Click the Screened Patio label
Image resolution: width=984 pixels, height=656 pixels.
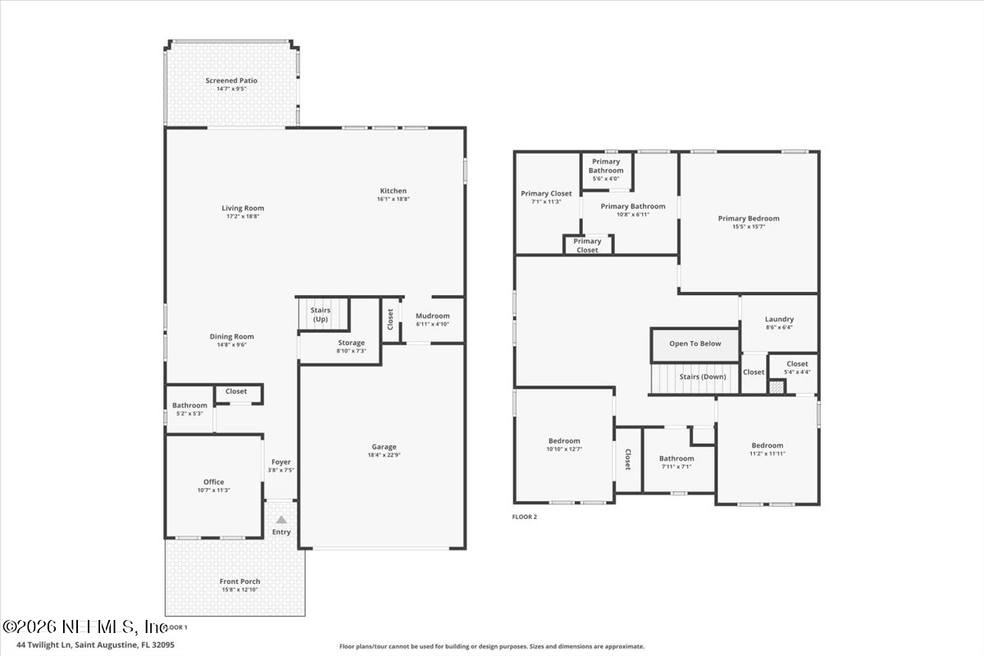pos(231,80)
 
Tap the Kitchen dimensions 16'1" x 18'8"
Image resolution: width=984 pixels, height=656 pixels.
pos(392,198)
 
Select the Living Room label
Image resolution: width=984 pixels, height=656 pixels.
pos(243,208)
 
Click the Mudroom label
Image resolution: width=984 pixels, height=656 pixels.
pos(432,316)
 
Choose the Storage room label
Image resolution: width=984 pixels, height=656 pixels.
pos(351,343)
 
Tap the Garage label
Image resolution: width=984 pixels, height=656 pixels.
pos(384,447)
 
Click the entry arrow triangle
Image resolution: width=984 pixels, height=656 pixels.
pos(281,519)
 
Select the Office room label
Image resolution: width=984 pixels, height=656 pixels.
pos(213,482)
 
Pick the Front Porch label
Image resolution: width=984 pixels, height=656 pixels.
pos(239,581)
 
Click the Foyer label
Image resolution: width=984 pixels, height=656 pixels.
pos(280,462)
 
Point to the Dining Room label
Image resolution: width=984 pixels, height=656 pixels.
pos(232,336)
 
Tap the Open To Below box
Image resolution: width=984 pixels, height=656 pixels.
pos(695,344)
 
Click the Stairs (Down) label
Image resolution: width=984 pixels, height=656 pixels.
pos(702,377)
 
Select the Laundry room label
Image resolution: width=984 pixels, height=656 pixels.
pos(779,320)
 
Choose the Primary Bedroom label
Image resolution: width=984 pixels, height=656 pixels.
pos(749,218)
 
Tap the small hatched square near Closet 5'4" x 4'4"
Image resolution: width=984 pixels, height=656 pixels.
pos(776,385)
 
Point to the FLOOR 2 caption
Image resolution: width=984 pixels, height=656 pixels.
pos(524,517)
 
